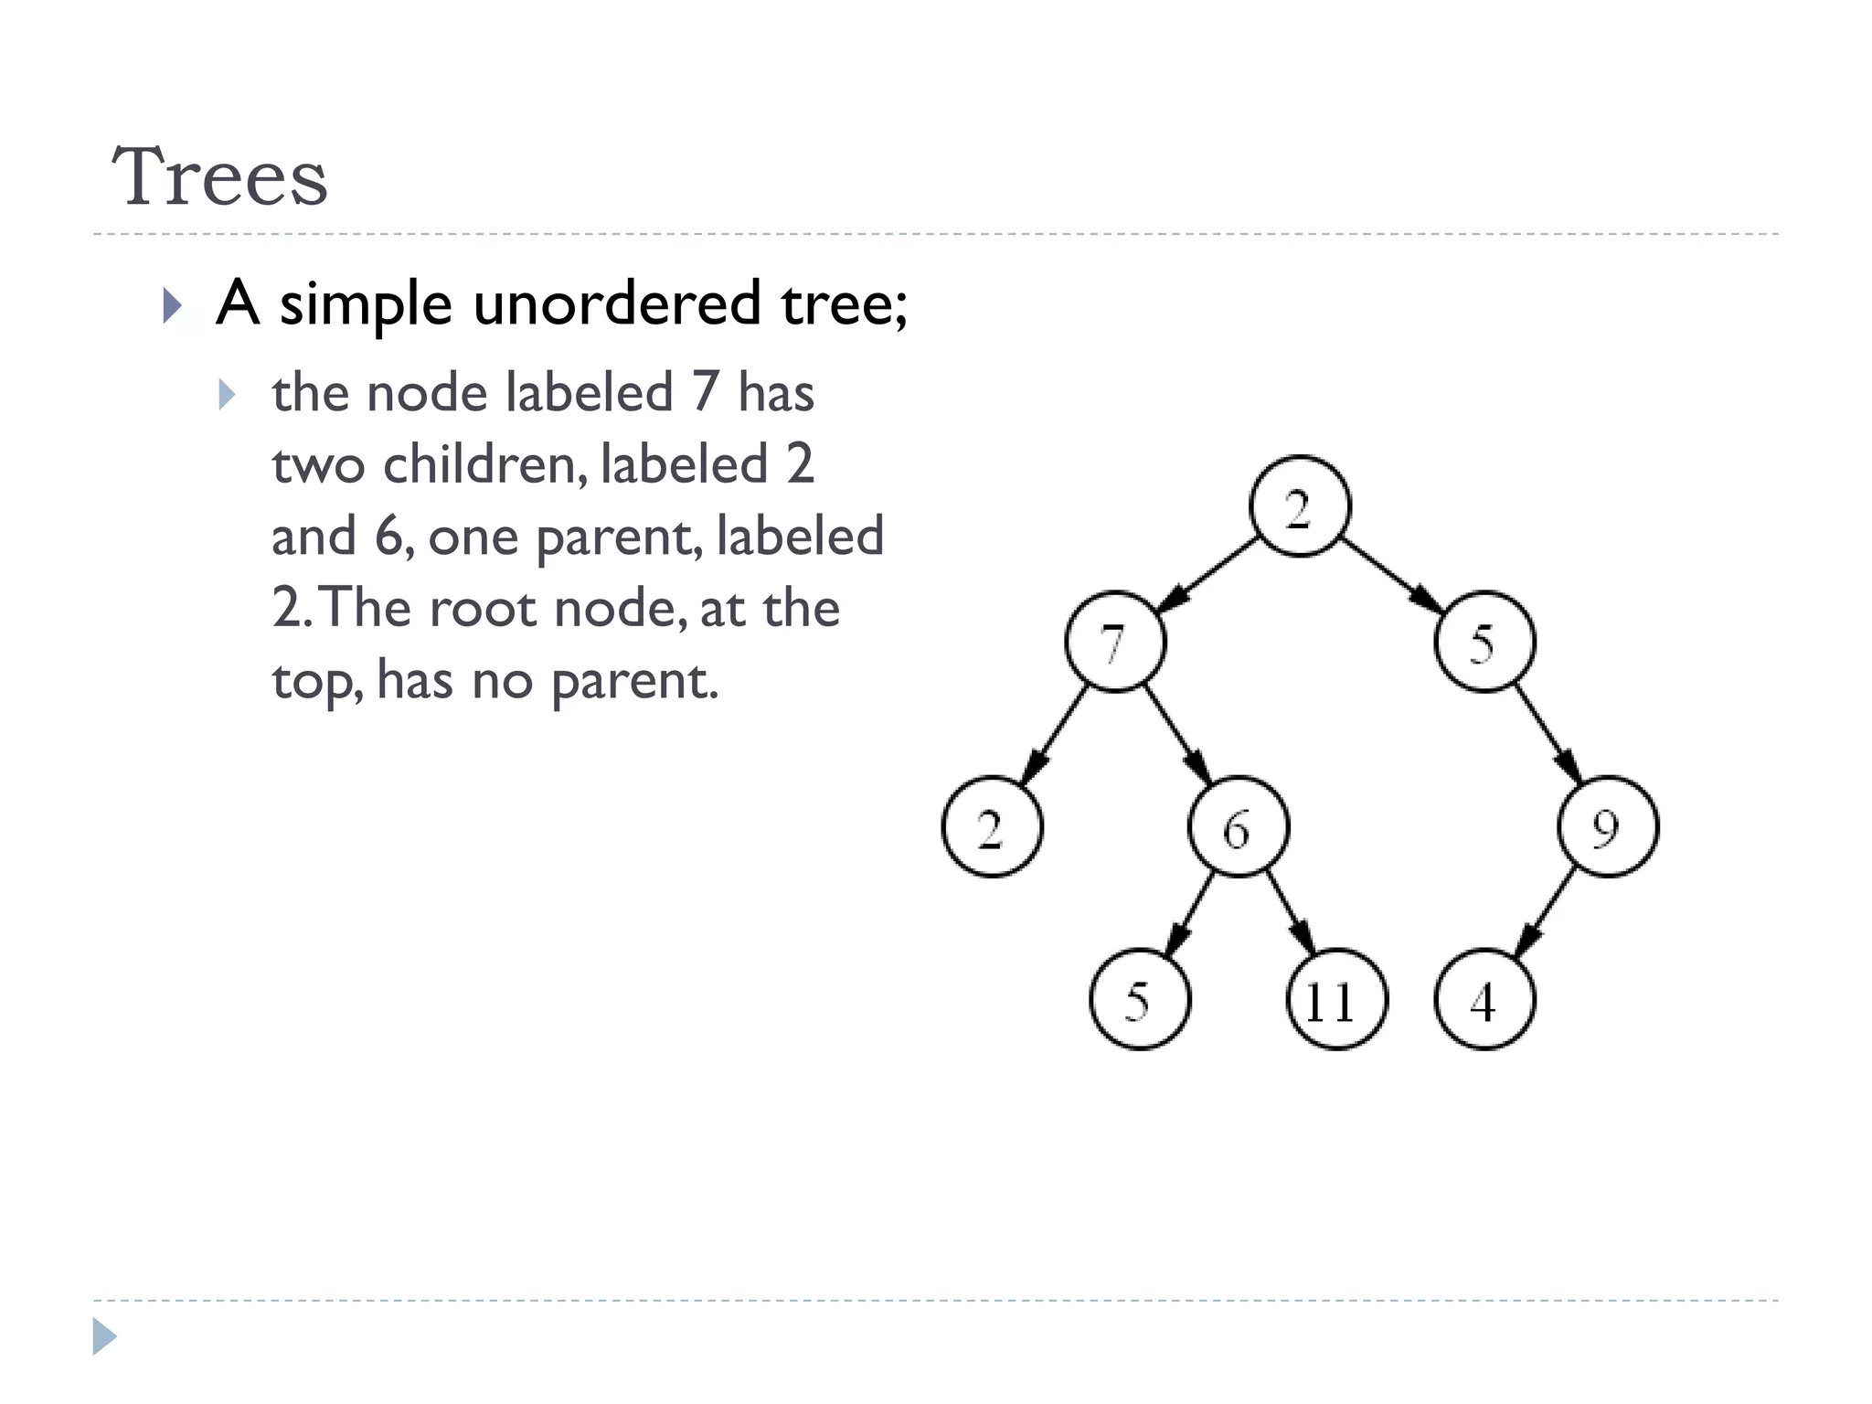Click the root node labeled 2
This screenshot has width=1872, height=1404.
(x=1299, y=506)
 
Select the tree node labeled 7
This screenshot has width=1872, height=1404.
(x=1115, y=642)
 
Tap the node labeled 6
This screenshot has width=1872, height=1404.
(x=1239, y=826)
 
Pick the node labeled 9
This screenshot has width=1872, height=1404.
(x=1608, y=826)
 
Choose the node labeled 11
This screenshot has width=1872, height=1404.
(x=1336, y=999)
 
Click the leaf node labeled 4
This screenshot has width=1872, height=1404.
(x=1484, y=999)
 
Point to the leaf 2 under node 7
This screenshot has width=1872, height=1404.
(x=992, y=826)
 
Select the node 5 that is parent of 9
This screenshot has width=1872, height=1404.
(x=1484, y=642)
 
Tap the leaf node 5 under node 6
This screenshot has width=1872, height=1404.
(x=1140, y=999)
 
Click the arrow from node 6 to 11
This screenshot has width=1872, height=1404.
(x=1290, y=912)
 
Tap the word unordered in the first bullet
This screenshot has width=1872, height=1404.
(x=617, y=303)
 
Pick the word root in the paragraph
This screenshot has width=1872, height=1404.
(x=482, y=608)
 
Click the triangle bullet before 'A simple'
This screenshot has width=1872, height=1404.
(x=172, y=305)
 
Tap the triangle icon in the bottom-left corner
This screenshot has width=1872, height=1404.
(x=104, y=1336)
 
